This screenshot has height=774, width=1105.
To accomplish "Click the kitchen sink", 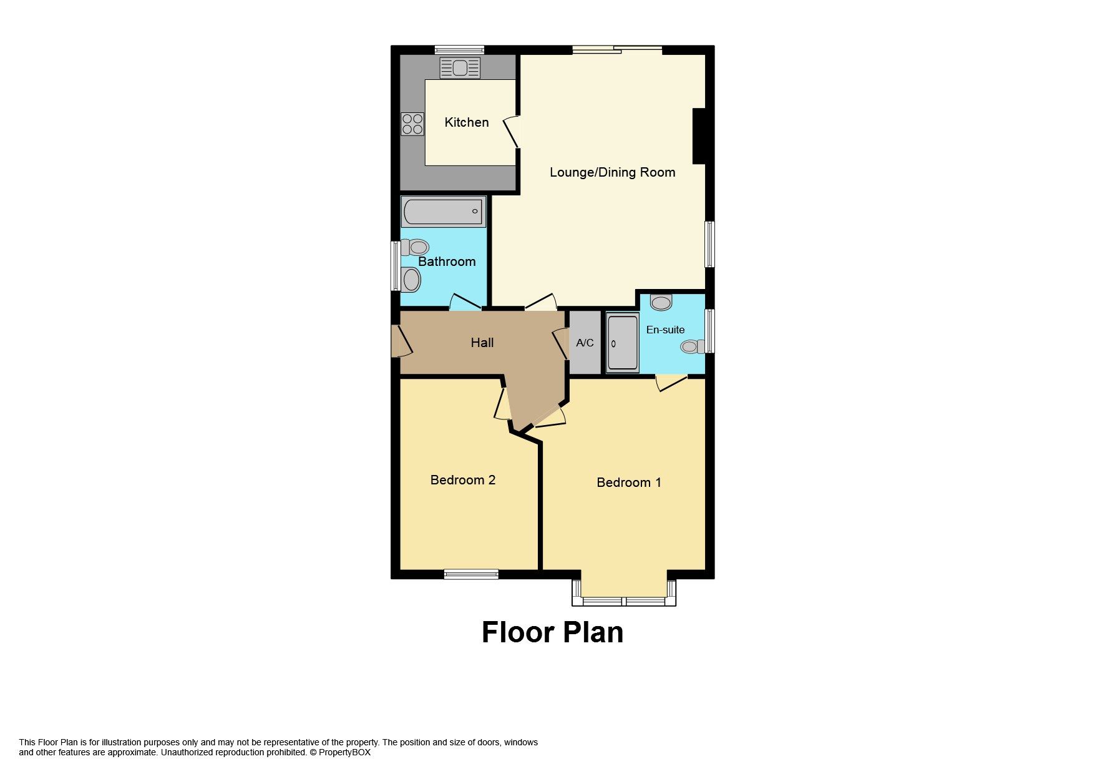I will point(460,68).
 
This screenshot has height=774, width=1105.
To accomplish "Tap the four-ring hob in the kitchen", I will point(412,124).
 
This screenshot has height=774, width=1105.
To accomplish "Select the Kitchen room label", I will point(466,122).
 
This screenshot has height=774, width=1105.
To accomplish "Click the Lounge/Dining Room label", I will point(611,172).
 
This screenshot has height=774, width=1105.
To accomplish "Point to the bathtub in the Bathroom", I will point(443,212).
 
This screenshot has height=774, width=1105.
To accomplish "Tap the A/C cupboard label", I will point(585,343).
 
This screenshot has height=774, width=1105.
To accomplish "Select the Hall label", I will point(482,342).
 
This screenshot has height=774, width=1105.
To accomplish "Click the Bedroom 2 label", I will point(462,479).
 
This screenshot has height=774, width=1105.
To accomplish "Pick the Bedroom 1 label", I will point(628,482).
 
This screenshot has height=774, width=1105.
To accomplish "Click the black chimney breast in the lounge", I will point(699,136).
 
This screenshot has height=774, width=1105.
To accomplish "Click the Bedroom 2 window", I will point(471,574).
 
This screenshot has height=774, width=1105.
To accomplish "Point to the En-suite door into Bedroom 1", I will point(671,382).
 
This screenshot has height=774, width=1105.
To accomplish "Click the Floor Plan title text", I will point(552,632).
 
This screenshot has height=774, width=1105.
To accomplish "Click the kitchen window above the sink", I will point(459,50).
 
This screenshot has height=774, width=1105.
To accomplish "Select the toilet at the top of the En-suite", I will point(661,303).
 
